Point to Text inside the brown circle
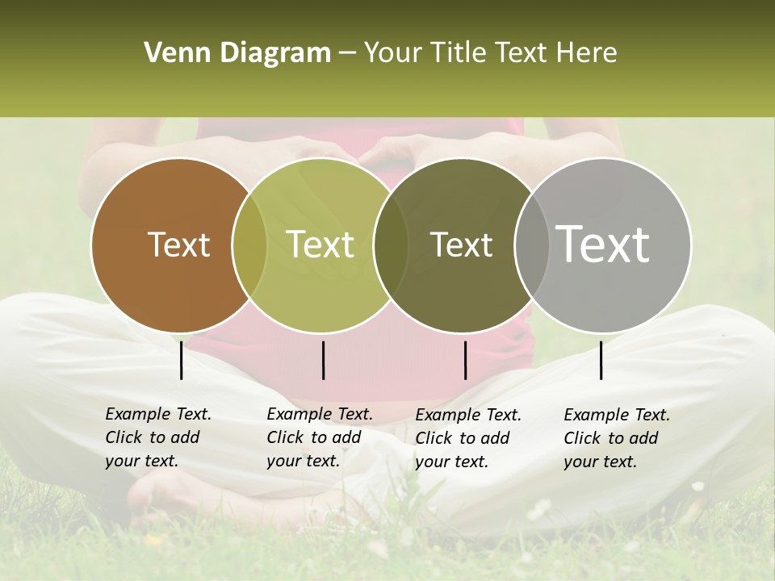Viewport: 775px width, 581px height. [178, 245]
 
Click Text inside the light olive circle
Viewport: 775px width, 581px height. [320, 245]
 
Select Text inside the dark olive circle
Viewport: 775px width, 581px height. [461, 245]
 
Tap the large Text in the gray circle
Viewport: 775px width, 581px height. [603, 244]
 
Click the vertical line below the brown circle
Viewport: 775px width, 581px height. [182, 360]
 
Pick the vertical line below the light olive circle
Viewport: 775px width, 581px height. [323, 360]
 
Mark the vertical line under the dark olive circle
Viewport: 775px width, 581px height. [465, 360]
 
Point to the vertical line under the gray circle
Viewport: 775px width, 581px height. [601, 360]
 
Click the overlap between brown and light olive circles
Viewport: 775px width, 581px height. [249, 245]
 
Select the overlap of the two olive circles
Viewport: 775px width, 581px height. [391, 245]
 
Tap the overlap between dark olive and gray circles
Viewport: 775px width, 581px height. [531, 245]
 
